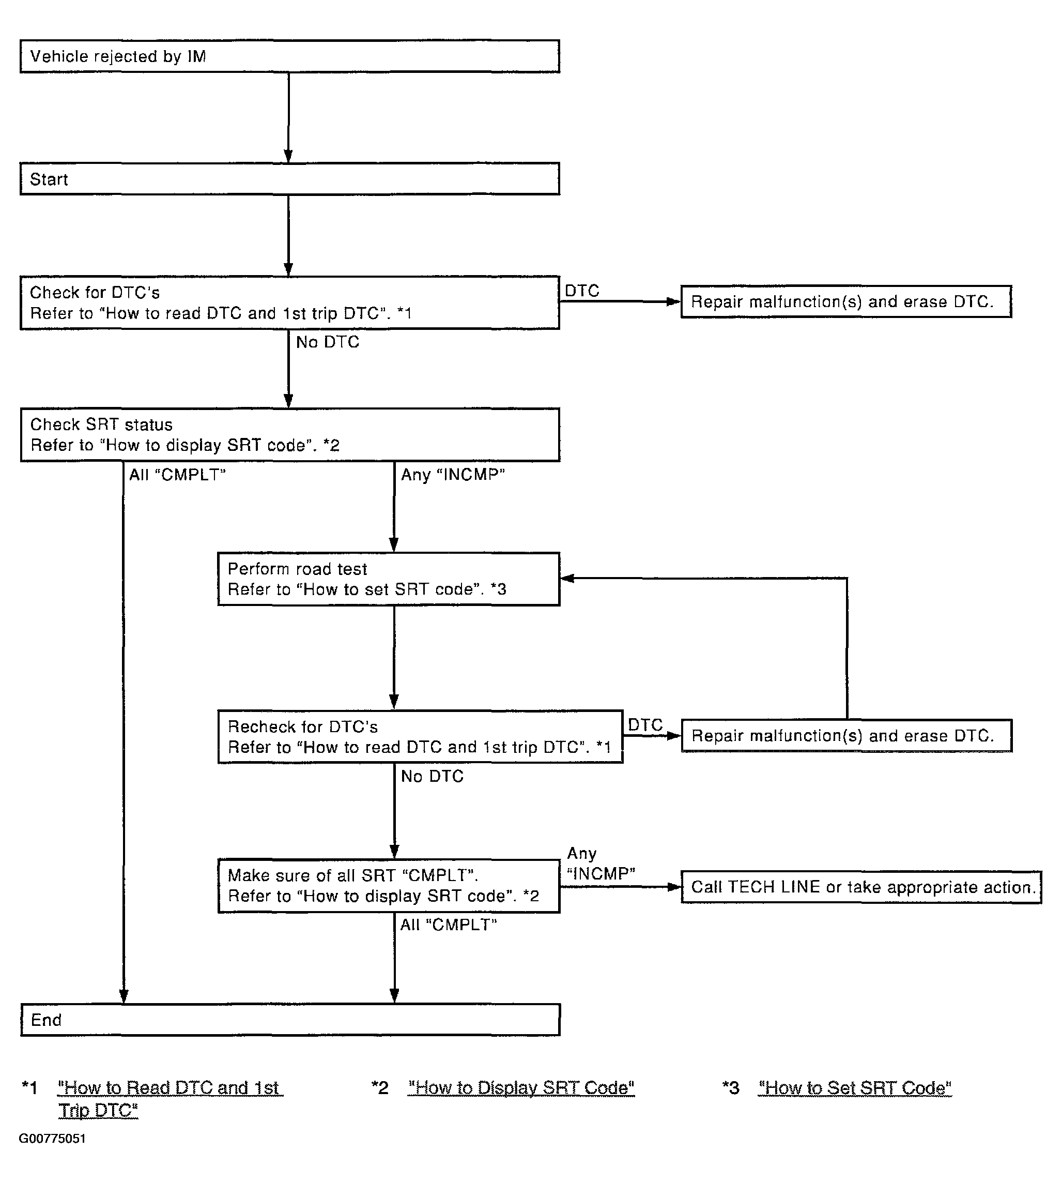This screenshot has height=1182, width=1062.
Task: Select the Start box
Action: pos(290,178)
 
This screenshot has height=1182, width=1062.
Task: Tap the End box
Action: pos(290,1020)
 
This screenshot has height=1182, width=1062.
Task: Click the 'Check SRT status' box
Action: pos(290,435)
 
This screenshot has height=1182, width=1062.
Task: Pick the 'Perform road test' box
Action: pos(389,579)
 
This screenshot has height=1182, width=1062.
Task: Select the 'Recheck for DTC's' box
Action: pos(420,737)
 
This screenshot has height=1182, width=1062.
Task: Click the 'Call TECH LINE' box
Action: pos(861,887)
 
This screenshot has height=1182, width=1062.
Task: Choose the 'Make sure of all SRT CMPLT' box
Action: pos(389,886)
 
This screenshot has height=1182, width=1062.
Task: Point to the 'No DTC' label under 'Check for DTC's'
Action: pos(327,342)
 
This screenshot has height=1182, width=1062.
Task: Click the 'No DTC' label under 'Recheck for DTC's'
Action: pos(433,776)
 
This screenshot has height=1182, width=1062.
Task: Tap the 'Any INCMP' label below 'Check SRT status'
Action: pos(453,475)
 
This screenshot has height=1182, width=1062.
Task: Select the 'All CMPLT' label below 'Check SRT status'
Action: pos(177,475)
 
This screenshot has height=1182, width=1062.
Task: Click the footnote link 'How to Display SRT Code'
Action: pos(521,1087)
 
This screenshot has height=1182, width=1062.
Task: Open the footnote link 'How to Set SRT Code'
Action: pos(855,1087)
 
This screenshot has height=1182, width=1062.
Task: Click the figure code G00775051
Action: pos(53,1139)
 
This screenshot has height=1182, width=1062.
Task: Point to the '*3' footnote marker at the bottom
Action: pos(731,1087)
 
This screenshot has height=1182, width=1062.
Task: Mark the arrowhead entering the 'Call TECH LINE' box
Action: pos(674,887)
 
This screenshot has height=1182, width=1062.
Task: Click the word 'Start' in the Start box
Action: pos(49,179)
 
